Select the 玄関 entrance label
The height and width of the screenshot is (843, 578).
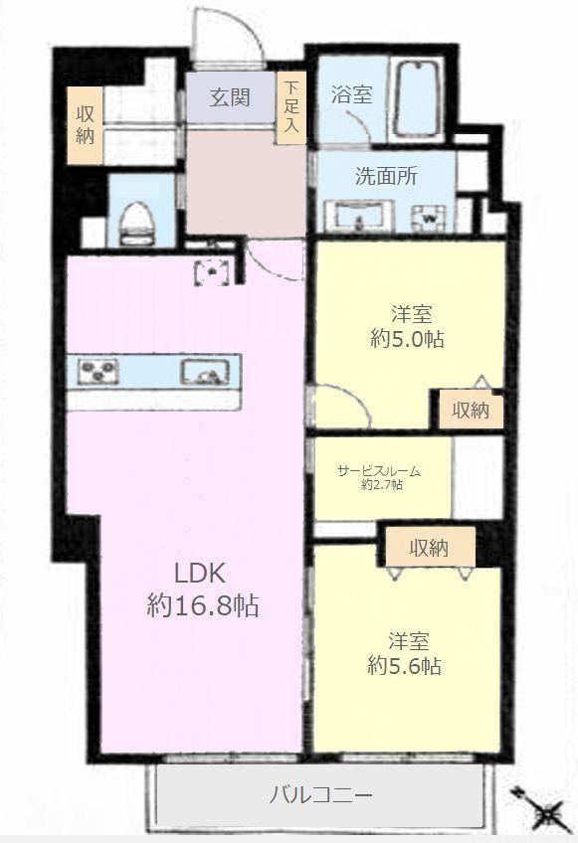coord(229,97)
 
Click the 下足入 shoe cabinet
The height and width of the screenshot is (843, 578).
coord(290,108)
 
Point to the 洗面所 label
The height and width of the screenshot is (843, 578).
coord(386,176)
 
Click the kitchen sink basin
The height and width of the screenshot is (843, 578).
coord(204,372)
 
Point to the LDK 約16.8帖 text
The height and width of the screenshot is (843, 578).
coord(202,590)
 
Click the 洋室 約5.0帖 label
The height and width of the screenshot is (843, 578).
coord(408,326)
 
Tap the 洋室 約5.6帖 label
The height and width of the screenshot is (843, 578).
coord(405,654)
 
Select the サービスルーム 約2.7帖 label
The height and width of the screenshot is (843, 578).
coord(378,477)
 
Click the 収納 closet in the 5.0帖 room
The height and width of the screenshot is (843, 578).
coord(471,411)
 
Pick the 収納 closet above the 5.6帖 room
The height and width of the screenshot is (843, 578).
coord(430,547)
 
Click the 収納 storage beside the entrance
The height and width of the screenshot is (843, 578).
coord(85,124)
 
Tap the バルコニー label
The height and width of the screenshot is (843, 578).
coord(320,794)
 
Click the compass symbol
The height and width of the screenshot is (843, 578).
coord(542,812)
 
